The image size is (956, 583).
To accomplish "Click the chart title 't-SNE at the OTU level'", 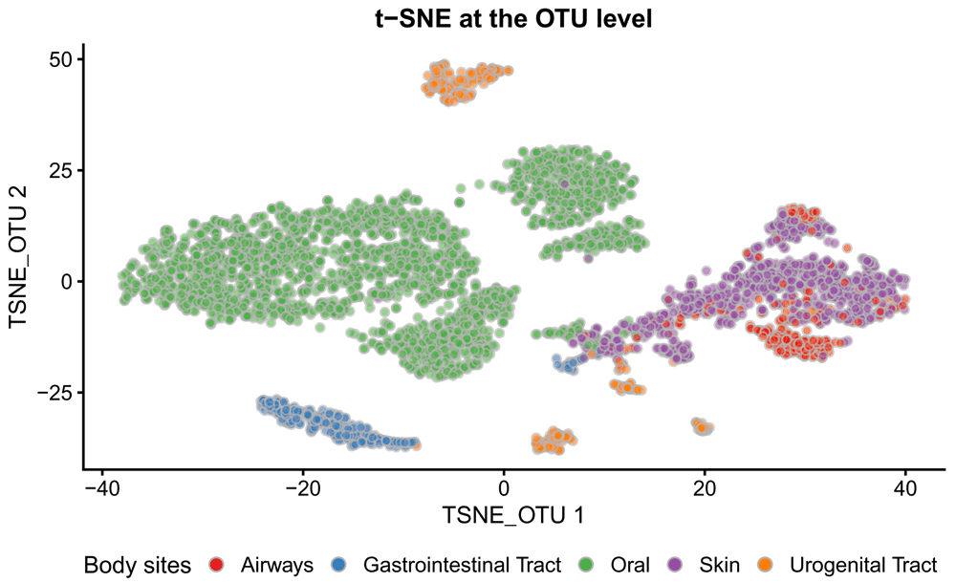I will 513,18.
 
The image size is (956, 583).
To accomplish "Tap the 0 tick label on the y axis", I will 67,282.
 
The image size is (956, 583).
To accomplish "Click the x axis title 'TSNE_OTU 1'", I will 513,516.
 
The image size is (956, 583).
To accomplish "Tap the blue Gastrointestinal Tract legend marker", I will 341,563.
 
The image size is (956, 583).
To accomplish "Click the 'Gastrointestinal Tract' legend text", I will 457,563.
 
